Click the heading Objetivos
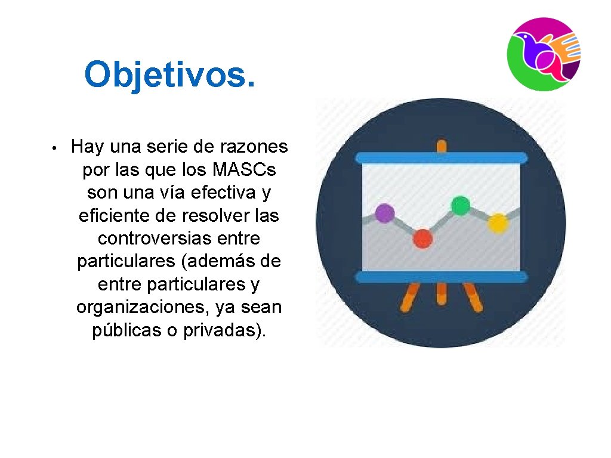tap(170, 74)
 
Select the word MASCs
tap(244, 170)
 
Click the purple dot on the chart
tap(385, 213)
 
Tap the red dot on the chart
tap(422, 239)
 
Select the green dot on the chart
tap(460, 205)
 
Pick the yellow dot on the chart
tap(498, 223)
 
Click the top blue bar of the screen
tap(441, 158)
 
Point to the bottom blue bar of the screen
tap(441, 277)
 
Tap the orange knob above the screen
tap(441, 146)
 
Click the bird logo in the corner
tap(544, 54)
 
